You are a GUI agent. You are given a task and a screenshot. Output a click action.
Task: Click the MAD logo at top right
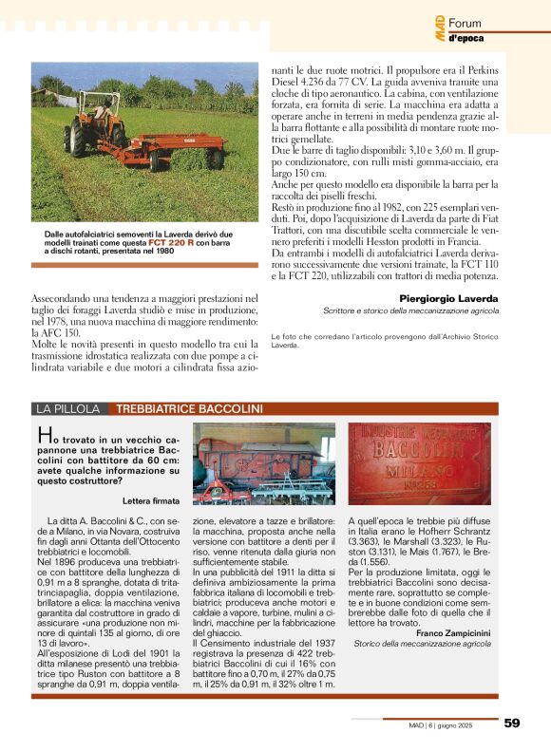point(439,32)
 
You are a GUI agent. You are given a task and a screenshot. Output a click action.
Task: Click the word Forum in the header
point(465,23)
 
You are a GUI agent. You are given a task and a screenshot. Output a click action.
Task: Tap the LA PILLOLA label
point(67,409)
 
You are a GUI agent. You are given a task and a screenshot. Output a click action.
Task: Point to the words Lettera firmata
point(151,499)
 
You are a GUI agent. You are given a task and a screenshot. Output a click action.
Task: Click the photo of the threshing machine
point(264,463)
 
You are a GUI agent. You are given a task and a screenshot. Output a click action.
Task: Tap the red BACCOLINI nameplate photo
point(419,463)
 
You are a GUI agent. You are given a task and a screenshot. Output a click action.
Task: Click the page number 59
point(512,724)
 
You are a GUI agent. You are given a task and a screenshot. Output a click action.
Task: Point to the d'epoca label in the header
point(465,38)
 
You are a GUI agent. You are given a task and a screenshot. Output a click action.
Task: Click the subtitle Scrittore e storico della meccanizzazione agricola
point(410,311)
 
